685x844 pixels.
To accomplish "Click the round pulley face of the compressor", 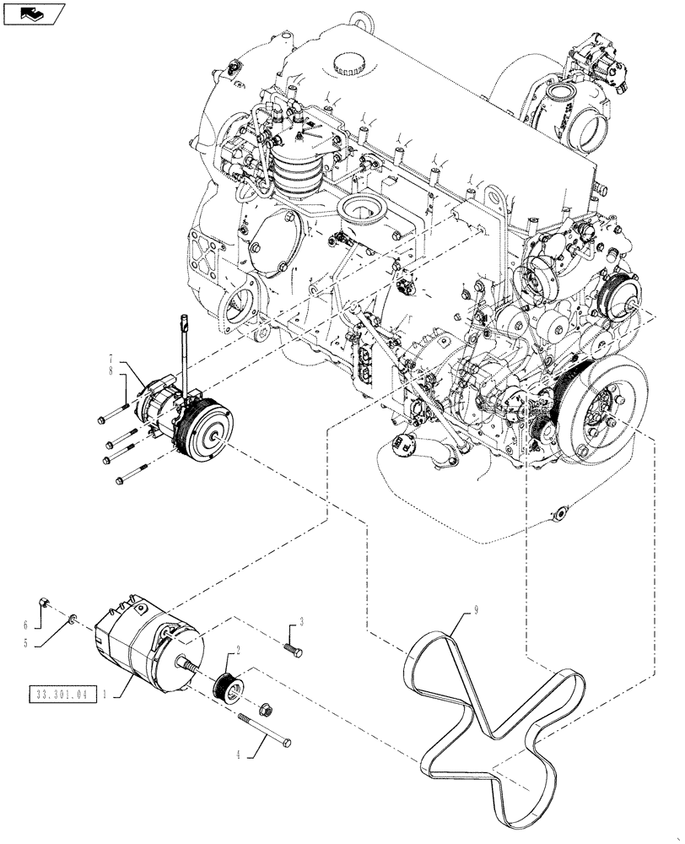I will click(208, 431).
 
